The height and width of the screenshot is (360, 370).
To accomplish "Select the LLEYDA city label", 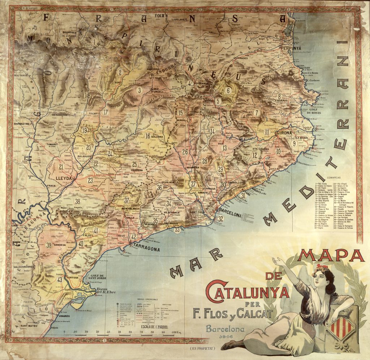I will click(64, 178).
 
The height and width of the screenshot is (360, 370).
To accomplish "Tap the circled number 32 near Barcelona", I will click(220, 219).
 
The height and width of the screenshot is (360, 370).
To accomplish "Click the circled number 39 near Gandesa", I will click(49, 245).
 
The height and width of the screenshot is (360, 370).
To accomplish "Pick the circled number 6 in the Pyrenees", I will click(228, 90).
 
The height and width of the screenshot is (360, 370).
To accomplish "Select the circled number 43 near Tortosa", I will click(60, 279).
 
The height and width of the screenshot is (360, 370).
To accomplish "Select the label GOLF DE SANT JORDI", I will click(95, 277).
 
